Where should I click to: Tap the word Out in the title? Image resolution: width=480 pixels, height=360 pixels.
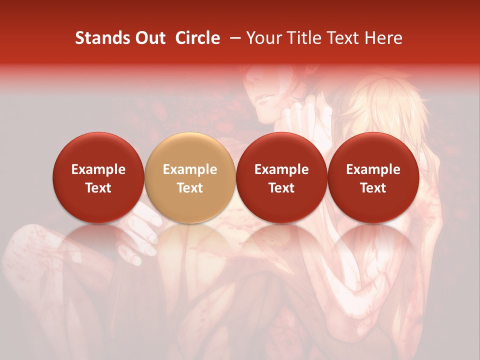pyautogui.click(x=149, y=38)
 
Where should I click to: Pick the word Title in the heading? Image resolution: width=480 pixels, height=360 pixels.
pyautogui.click(x=302, y=38)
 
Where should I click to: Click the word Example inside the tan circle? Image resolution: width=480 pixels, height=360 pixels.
pyautogui.click(x=190, y=169)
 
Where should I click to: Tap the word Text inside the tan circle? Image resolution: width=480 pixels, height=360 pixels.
pyautogui.click(x=190, y=188)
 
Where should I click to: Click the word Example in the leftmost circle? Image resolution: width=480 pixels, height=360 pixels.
pyautogui.click(x=98, y=169)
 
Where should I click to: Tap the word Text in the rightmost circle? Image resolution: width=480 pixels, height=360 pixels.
pyautogui.click(x=373, y=188)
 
